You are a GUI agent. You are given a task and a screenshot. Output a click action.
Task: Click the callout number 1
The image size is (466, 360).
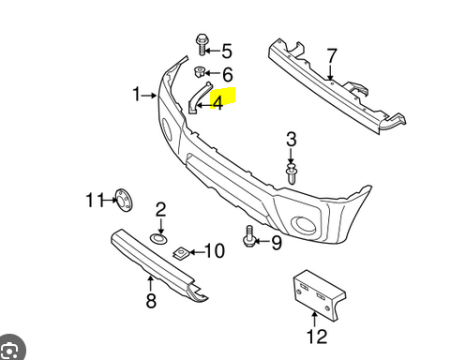(137, 95)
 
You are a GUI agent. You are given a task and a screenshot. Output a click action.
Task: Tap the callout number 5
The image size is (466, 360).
(226, 51)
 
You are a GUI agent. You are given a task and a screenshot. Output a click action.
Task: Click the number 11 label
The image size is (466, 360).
(93, 200)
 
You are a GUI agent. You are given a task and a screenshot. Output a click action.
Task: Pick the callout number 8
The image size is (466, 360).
(150, 301)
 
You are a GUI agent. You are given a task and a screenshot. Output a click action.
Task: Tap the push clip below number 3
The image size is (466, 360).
(292, 173)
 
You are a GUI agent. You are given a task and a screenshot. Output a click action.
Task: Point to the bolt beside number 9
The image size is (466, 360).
(250, 237)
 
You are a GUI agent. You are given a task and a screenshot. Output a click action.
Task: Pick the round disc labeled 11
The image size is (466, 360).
(120, 200)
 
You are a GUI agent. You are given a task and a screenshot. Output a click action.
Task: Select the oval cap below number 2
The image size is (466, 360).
(160, 239)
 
